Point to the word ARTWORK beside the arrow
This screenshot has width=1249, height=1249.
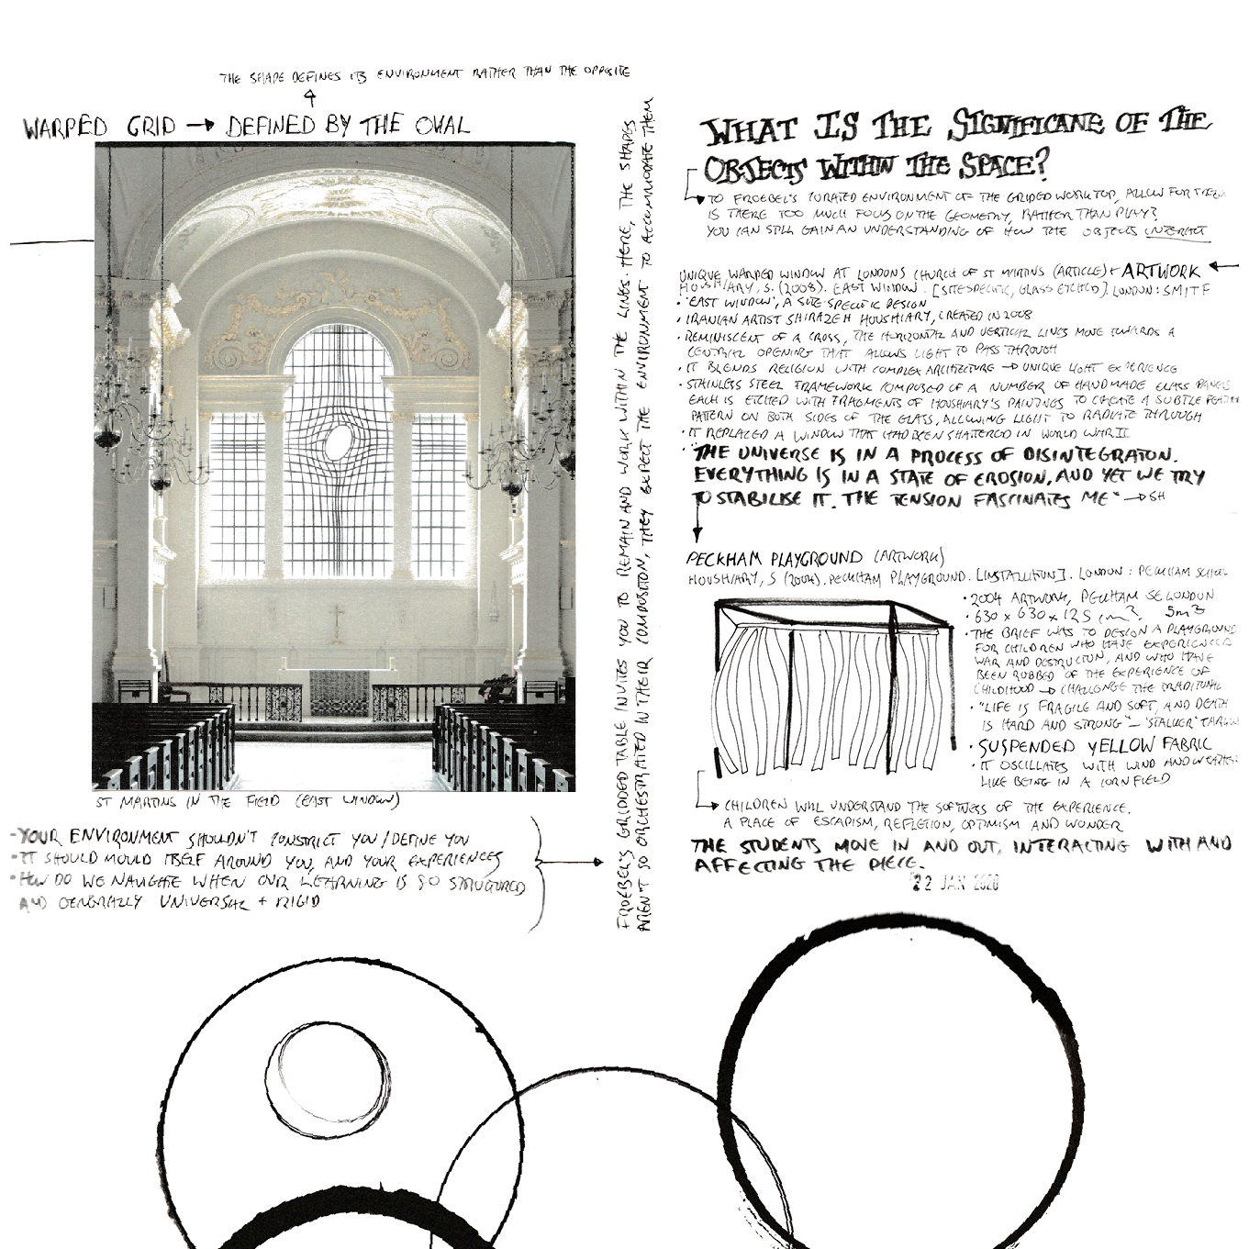click(x=1160, y=273)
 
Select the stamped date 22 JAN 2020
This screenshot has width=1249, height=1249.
click(x=953, y=883)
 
